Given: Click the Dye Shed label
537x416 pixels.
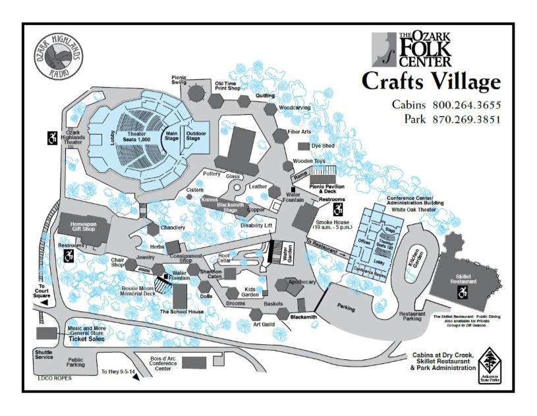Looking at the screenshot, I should coord(323,146).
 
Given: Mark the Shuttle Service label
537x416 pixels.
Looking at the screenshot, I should coord(44,355).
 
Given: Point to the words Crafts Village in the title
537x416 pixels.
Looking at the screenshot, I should coord(431,82).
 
